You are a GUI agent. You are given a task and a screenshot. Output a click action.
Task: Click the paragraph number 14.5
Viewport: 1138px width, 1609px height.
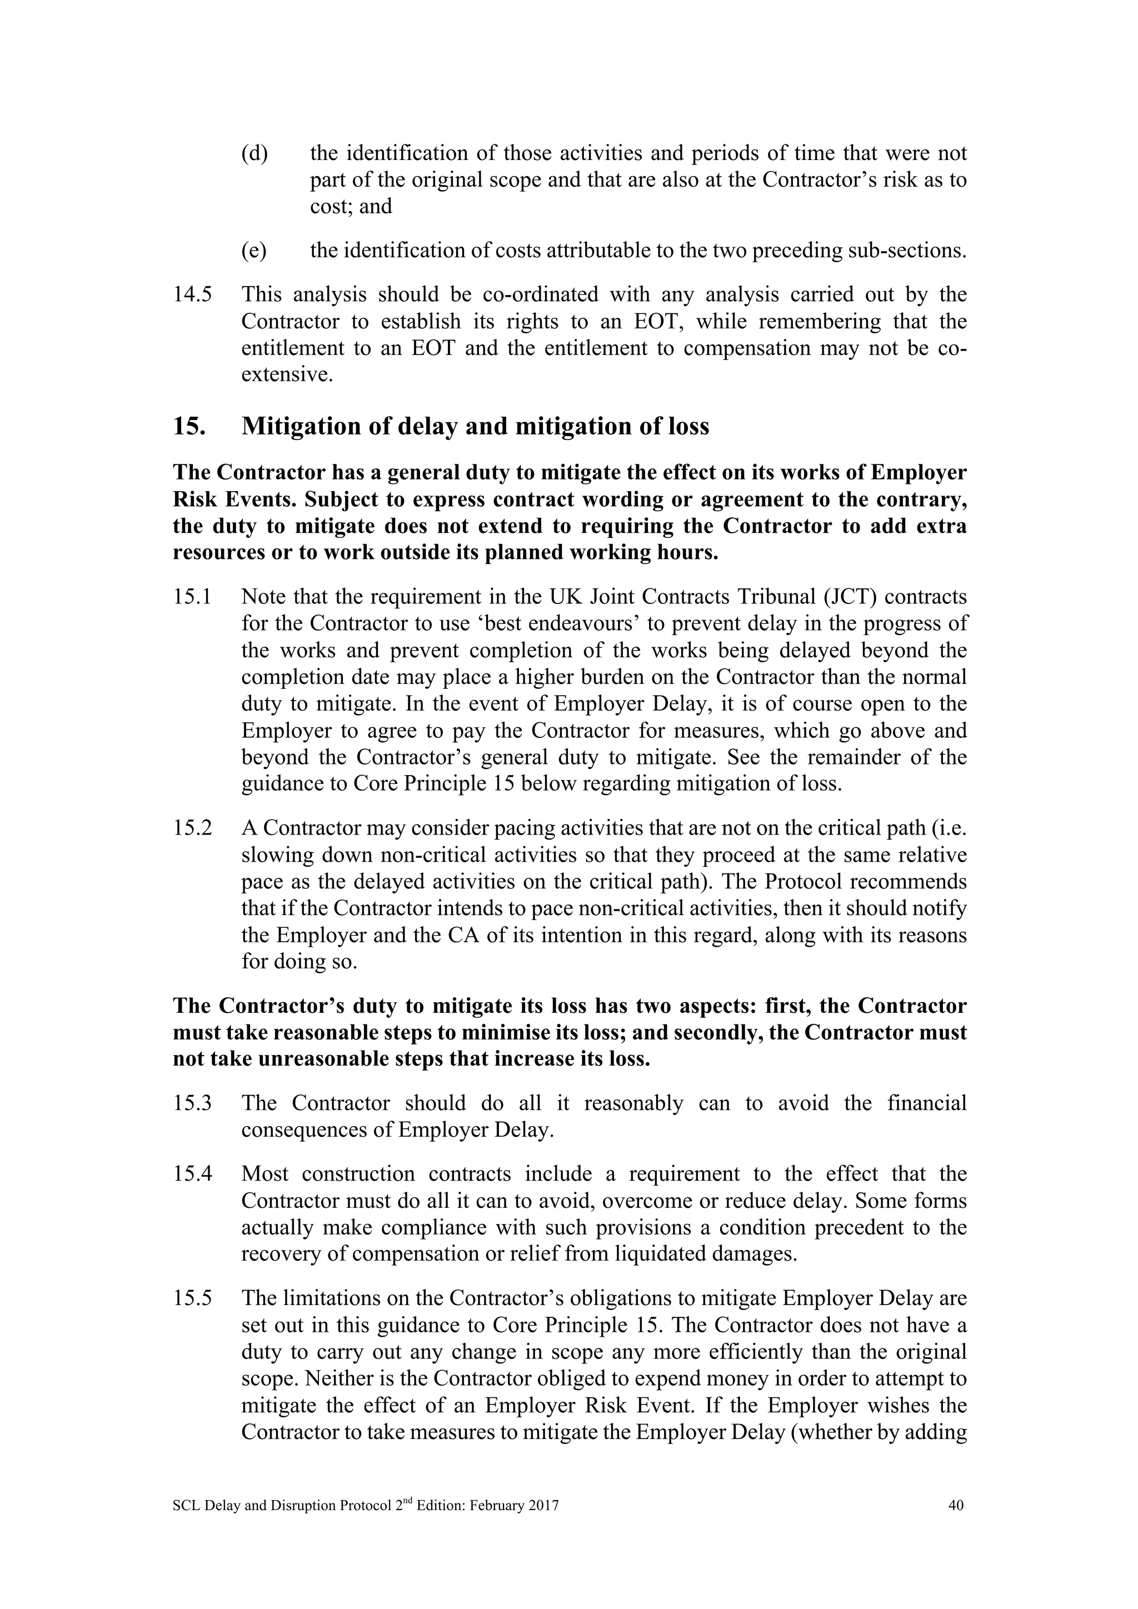pyautogui.click(x=192, y=295)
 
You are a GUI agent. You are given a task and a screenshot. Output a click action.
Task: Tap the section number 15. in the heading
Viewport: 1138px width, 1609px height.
pyautogui.click(x=188, y=426)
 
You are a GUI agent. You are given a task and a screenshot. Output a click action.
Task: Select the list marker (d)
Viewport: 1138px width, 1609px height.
pyautogui.click(x=254, y=153)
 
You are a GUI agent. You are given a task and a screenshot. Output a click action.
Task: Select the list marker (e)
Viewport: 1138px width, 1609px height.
pyautogui.click(x=254, y=251)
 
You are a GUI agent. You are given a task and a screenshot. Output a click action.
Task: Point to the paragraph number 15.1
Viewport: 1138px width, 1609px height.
pyautogui.click(x=192, y=597)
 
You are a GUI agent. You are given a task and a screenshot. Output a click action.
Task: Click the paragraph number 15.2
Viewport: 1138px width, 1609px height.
pyautogui.click(x=192, y=828)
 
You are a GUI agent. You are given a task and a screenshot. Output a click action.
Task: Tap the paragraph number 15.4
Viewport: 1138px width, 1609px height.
pyautogui.click(x=192, y=1174)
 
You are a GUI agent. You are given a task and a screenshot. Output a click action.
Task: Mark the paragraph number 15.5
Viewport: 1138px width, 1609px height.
pyautogui.click(x=192, y=1298)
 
